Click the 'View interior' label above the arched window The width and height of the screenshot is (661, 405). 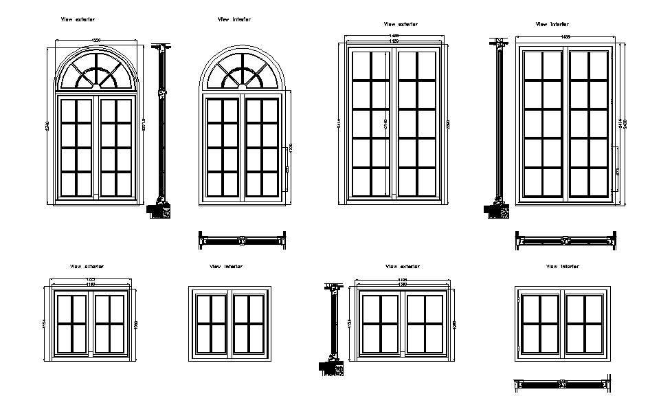tap(234, 20)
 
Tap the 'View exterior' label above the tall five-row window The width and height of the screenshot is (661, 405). tap(401, 25)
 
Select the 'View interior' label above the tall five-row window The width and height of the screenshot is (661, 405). tap(552, 25)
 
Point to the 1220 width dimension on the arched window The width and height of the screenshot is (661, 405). tap(96, 41)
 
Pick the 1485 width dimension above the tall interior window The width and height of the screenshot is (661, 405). tap(565, 36)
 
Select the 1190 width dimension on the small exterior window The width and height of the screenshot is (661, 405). tap(90, 284)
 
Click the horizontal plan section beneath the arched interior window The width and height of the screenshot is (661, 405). tap(241, 241)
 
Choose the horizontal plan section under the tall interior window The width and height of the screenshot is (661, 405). tap(565, 240)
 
